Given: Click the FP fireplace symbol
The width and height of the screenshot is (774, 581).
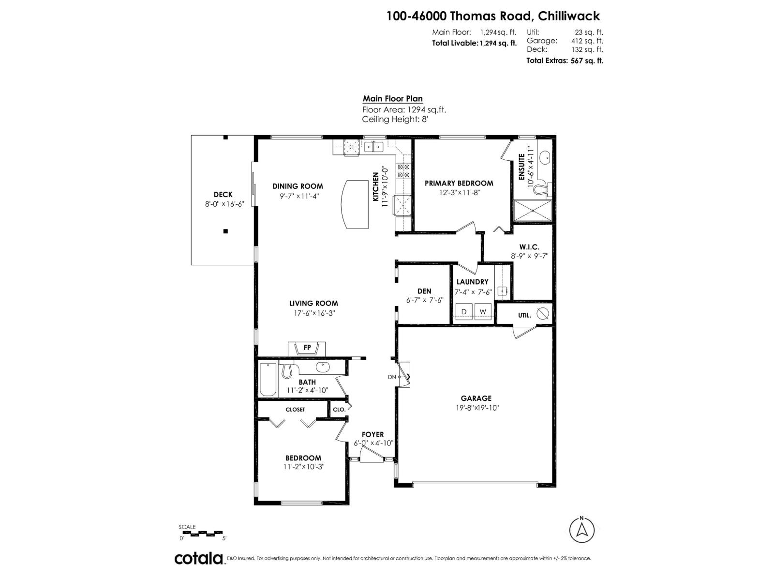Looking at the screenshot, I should [307, 348].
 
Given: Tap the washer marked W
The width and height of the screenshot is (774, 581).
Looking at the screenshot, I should [482, 311].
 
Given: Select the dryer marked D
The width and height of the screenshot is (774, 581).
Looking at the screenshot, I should [464, 311].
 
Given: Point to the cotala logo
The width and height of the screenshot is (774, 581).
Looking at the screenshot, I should [199, 558].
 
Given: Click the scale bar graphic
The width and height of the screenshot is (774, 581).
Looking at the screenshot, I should [203, 533].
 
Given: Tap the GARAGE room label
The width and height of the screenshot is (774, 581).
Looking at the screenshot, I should [476, 398].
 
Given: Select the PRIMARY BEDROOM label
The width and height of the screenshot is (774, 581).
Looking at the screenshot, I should [459, 183].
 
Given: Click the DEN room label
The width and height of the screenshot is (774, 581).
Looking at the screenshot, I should [424, 291].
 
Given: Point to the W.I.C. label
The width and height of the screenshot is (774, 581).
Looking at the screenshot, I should [529, 247].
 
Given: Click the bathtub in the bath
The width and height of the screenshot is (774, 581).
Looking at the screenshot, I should [268, 379].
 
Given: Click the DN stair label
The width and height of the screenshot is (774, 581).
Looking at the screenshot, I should [392, 377].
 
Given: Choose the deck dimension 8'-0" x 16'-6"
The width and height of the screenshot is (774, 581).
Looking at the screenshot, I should [223, 204].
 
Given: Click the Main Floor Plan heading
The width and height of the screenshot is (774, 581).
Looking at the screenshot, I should [393, 99].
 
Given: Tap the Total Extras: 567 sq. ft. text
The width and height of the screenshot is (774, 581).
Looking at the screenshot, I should [565, 61].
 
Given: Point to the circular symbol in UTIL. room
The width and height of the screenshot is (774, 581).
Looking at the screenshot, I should [543, 313].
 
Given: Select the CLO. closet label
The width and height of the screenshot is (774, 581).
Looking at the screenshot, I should [339, 409].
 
